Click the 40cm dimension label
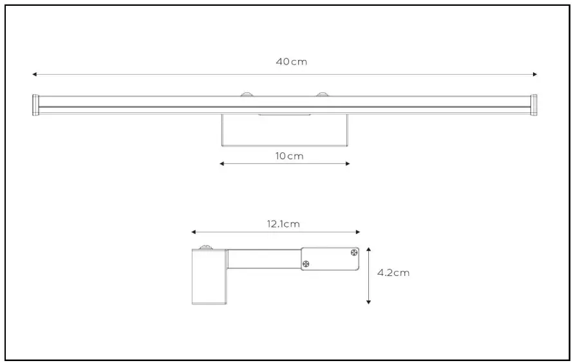[291, 62]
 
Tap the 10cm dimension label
[285, 156]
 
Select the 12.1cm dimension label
[283, 224]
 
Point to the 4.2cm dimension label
[393, 273]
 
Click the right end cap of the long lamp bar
[534, 105]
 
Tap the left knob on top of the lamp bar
[247, 95]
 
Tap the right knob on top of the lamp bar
[321, 95]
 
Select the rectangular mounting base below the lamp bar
[285, 130]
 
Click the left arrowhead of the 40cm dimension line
[35, 74]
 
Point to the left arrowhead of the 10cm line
[222, 164]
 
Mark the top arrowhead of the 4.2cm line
[368, 248]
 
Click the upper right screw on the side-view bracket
[353, 253]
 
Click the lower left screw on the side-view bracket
[306, 263]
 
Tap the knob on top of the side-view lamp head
[206, 246]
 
